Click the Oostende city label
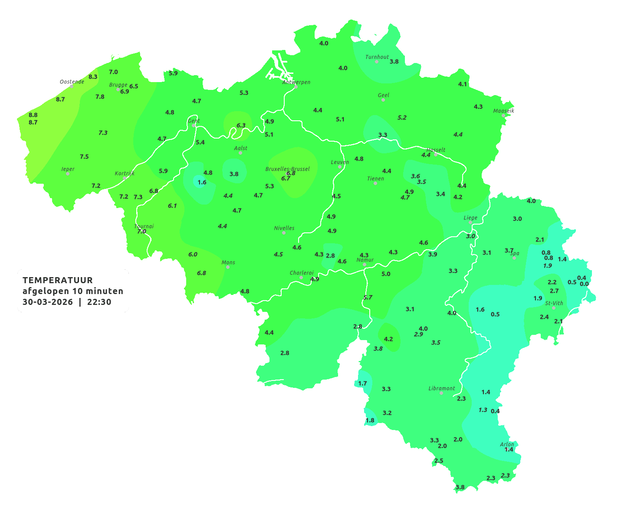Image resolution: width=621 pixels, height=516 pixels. (x=72, y=82)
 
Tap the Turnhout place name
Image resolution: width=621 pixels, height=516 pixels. (x=377, y=57)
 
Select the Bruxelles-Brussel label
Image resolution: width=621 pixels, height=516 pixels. (x=287, y=169)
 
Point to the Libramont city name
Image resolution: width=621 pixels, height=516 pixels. (x=441, y=388)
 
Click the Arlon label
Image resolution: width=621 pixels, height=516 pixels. (x=507, y=444)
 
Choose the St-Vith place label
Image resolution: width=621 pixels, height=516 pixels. (x=554, y=303)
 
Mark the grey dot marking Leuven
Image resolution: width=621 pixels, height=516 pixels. (x=340, y=167)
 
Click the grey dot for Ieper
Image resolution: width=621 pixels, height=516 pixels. (x=67, y=173)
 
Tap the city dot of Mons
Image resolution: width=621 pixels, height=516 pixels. (x=228, y=267)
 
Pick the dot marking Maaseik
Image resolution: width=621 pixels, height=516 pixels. (x=503, y=116)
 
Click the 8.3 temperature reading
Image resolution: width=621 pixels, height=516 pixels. (x=93, y=77)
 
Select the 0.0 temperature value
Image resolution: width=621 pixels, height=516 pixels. (x=584, y=284)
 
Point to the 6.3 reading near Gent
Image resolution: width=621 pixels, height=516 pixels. (x=241, y=126)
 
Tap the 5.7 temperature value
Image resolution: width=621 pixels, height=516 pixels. (x=368, y=298)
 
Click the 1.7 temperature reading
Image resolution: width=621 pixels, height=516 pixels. (x=362, y=384)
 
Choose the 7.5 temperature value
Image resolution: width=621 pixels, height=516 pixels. (x=84, y=157)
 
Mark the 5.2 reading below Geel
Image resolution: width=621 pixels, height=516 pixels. (x=402, y=118)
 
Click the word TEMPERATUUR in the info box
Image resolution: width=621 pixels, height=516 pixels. (x=58, y=280)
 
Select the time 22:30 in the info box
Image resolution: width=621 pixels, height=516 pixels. (x=99, y=302)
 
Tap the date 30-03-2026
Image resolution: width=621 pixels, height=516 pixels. (x=48, y=302)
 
